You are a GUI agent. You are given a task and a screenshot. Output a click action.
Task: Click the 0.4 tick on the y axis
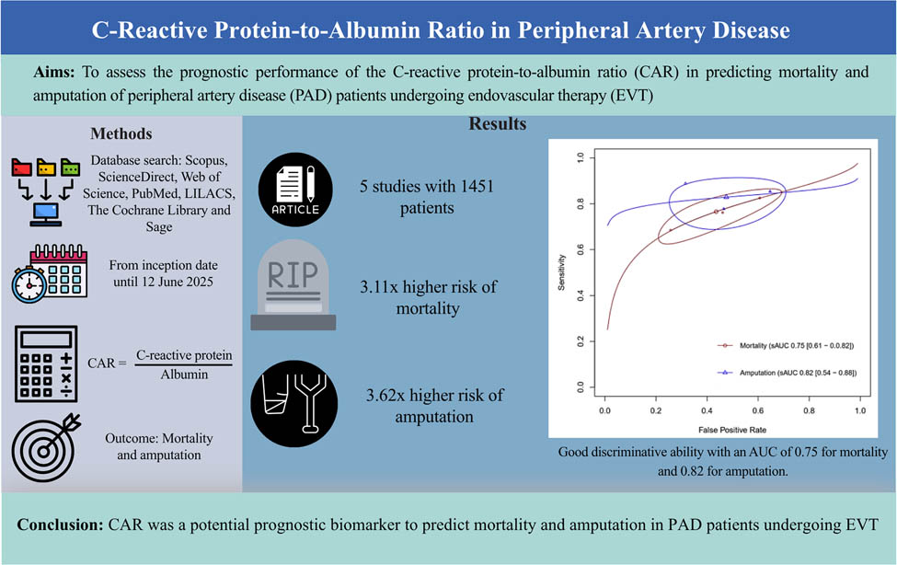click(579, 297)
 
